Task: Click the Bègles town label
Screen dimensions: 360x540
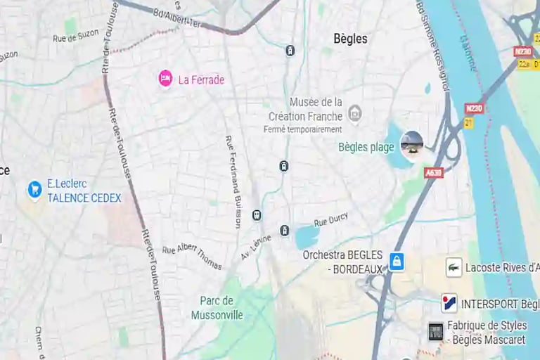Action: tap(350, 39)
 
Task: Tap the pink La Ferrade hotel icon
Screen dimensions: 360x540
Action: tap(165, 79)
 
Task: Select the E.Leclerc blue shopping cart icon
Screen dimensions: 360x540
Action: tap(34, 189)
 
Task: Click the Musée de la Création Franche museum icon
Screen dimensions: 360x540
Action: tap(355, 113)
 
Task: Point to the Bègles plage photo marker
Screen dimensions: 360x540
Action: tap(412, 143)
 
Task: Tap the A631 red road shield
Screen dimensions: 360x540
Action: tap(434, 172)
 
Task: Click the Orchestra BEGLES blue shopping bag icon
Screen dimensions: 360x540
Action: tap(397, 262)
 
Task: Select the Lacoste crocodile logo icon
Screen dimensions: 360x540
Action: tap(454, 267)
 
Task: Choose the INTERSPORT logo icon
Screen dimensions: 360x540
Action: tap(449, 304)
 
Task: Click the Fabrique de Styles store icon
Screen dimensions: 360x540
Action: tap(436, 331)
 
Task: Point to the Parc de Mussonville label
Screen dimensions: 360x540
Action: tap(217, 308)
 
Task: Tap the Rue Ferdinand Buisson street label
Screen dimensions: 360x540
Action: tap(233, 181)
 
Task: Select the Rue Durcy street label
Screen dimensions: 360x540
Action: tap(330, 221)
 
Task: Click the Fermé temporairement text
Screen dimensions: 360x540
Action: tap(302, 129)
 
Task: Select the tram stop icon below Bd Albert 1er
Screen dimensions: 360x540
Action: tap(290, 50)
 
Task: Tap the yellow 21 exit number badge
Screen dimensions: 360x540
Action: tap(468, 123)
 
